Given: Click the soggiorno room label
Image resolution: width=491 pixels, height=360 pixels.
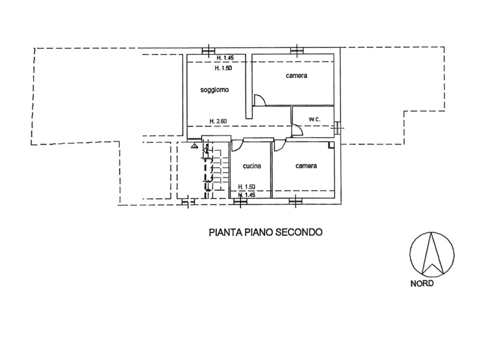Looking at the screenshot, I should pos(214,90).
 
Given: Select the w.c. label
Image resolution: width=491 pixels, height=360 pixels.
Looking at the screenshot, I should pos(314,119).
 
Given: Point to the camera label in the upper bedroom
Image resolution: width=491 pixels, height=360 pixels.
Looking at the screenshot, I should pos(296,76).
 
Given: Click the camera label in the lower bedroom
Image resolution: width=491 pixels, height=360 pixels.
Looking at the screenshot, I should pos(306,166).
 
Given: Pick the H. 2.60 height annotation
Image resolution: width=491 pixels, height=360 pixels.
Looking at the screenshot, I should pos(218,121).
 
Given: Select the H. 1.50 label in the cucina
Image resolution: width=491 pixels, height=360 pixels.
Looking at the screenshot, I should pos(246,186).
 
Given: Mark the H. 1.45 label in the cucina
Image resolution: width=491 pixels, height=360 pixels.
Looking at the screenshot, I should pos(247,194).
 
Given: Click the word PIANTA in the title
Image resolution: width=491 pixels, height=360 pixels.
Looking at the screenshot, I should pos(222,232).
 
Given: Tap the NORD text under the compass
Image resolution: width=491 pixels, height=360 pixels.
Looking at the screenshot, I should pos(422,283).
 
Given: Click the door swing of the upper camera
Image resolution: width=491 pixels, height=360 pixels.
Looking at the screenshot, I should pos(260,100).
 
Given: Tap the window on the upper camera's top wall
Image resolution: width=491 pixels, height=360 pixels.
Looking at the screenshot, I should pos(296,50).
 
